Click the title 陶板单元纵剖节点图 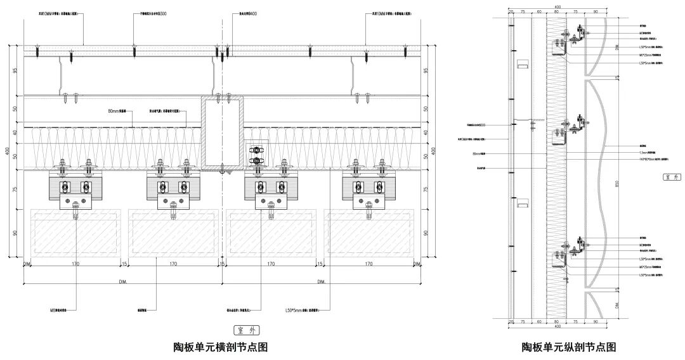(569, 347)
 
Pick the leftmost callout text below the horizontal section (63, 311)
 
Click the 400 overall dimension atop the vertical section (558, 7)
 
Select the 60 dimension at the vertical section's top (538, 11)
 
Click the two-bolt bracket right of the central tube (256, 155)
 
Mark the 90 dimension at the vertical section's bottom (595, 322)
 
